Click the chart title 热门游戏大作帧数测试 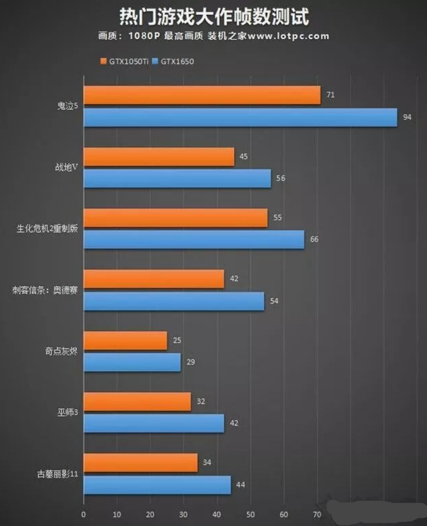[x=213, y=17]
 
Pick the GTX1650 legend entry [x=173, y=61]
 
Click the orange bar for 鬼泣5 [x=202, y=95]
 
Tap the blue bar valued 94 [x=240, y=117]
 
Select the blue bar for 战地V [x=177, y=179]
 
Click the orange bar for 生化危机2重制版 [x=176, y=218]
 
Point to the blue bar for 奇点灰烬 [x=132, y=362]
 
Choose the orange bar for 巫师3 [x=137, y=402]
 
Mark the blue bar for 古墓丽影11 [x=157, y=485]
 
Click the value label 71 [x=330, y=95]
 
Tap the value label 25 [x=177, y=341]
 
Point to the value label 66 [x=314, y=240]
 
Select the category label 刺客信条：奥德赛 [x=45, y=290]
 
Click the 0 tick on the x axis [x=83, y=515]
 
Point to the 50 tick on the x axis [x=250, y=515]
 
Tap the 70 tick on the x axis [x=317, y=515]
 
